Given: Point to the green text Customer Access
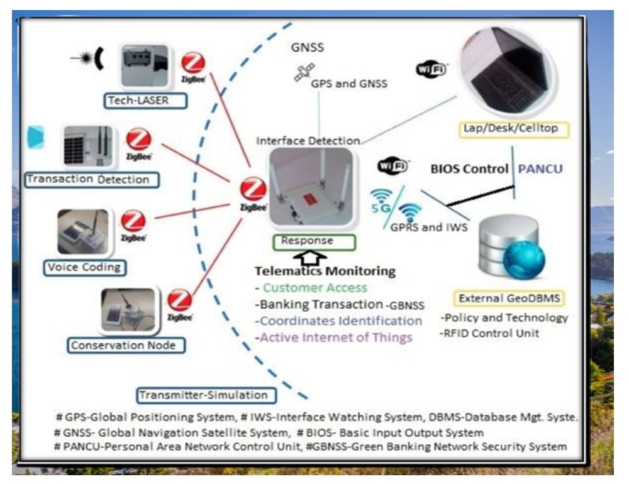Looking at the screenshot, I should coord(315,288).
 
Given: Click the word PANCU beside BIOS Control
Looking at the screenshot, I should coord(540,168).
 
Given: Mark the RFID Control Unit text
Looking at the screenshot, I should coord(491,333).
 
